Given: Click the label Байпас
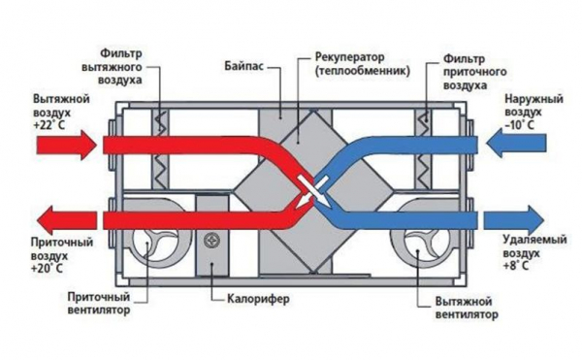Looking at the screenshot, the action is (x=244, y=66).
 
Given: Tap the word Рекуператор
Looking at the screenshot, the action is (x=344, y=58).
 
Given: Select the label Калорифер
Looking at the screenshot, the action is (x=258, y=299).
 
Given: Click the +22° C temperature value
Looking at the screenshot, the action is (x=49, y=125).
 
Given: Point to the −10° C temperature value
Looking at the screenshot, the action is (x=519, y=125).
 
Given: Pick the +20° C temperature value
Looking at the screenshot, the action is (x=47, y=269).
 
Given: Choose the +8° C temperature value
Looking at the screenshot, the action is (x=516, y=266).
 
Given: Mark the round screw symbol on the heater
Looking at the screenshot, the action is (x=211, y=240).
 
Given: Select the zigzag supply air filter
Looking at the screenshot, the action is (x=424, y=148).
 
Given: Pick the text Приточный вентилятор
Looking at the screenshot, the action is (x=99, y=304).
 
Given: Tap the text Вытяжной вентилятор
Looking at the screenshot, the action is (x=467, y=309).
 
